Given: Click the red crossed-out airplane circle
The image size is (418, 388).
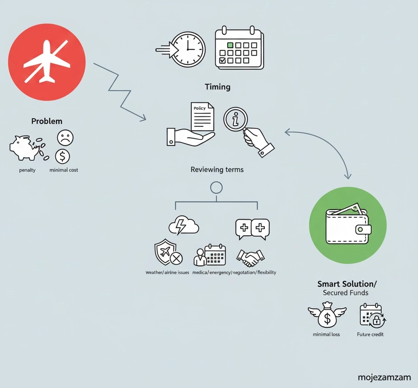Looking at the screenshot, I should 47,62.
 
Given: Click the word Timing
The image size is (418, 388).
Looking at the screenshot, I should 217,87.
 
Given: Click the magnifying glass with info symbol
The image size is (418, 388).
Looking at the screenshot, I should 236,119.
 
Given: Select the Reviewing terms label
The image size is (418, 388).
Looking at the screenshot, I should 217,170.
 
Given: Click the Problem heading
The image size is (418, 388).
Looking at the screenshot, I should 47,121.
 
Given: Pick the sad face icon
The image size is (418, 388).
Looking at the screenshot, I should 65,138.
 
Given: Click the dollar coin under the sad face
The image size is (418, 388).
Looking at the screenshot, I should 62,156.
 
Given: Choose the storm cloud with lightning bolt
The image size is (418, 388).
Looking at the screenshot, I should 183,225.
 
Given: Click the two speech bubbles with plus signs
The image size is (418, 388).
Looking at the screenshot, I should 252,229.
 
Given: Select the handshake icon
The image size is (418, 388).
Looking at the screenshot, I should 251,256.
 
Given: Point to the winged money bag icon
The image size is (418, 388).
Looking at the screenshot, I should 327,315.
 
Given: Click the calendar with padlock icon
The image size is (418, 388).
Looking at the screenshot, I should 372,315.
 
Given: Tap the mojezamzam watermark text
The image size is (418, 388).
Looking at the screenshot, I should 384,378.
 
